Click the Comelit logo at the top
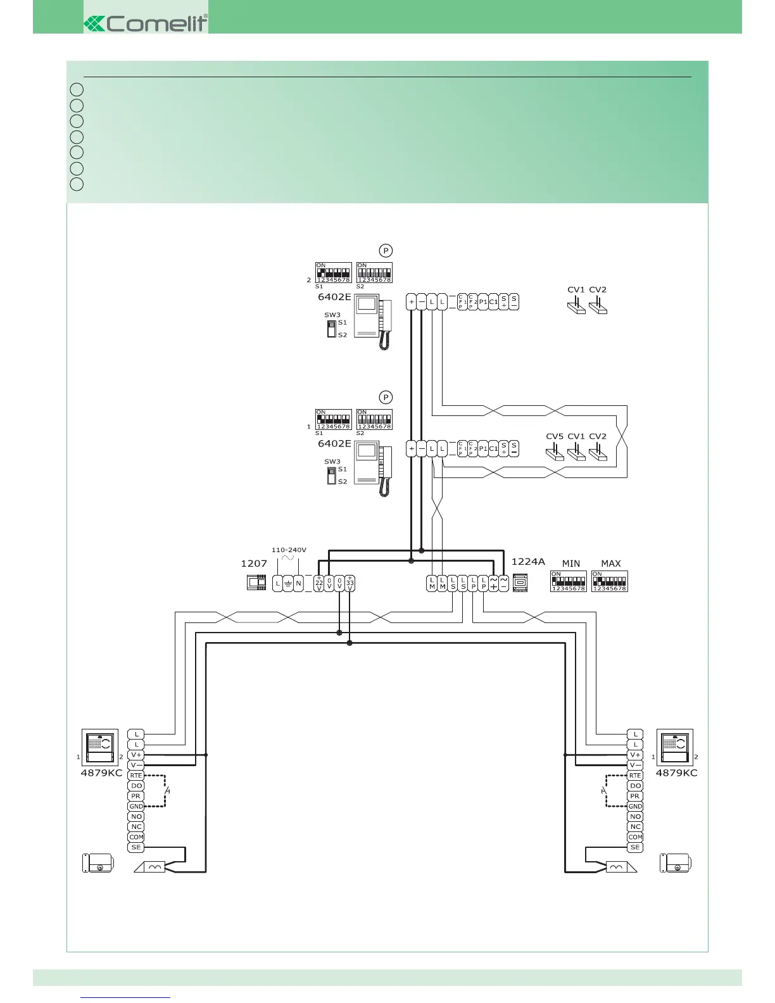pyautogui.click(x=146, y=24)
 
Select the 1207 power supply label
pyautogui.click(x=254, y=563)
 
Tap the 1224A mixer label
pyautogui.click(x=528, y=561)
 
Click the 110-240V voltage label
pyautogui.click(x=289, y=550)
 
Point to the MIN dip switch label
pyautogui.click(x=570, y=563)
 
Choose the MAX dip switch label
pyautogui.click(x=610, y=563)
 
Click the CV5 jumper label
pyautogui.click(x=555, y=436)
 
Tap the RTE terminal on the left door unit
pyautogui.click(x=136, y=775)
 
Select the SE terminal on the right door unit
pyautogui.click(x=635, y=847)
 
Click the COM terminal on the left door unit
pyautogui.click(x=136, y=836)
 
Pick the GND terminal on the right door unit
pyautogui.click(x=635, y=806)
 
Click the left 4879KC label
pyautogui.click(x=101, y=773)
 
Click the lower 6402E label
pyautogui.click(x=334, y=443)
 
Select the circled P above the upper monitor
pyautogui.click(x=386, y=250)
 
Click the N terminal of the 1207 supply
pyautogui.click(x=298, y=583)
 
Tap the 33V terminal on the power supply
pyautogui.click(x=350, y=583)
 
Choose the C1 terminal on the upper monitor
pyautogui.click(x=493, y=301)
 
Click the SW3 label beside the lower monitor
pyautogui.click(x=332, y=462)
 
